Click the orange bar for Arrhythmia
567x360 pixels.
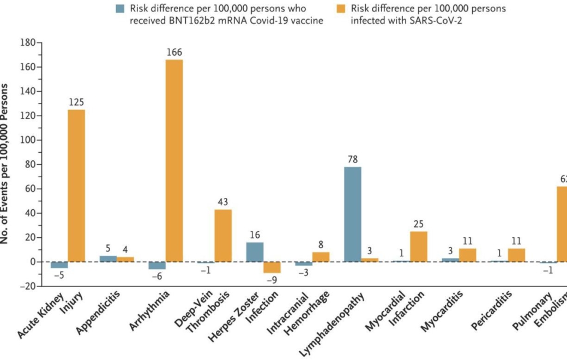tap(174, 161)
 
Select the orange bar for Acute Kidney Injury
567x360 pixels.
tap(76, 185)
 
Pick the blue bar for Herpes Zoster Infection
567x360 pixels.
tap(255, 252)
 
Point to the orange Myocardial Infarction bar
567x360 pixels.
tap(419, 247)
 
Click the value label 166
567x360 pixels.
tap(174, 53)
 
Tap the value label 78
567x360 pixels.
tap(353, 160)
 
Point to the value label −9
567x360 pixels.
tap(272, 280)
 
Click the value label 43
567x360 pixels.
tap(223, 202)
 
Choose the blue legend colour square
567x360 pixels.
tap(119, 9)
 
